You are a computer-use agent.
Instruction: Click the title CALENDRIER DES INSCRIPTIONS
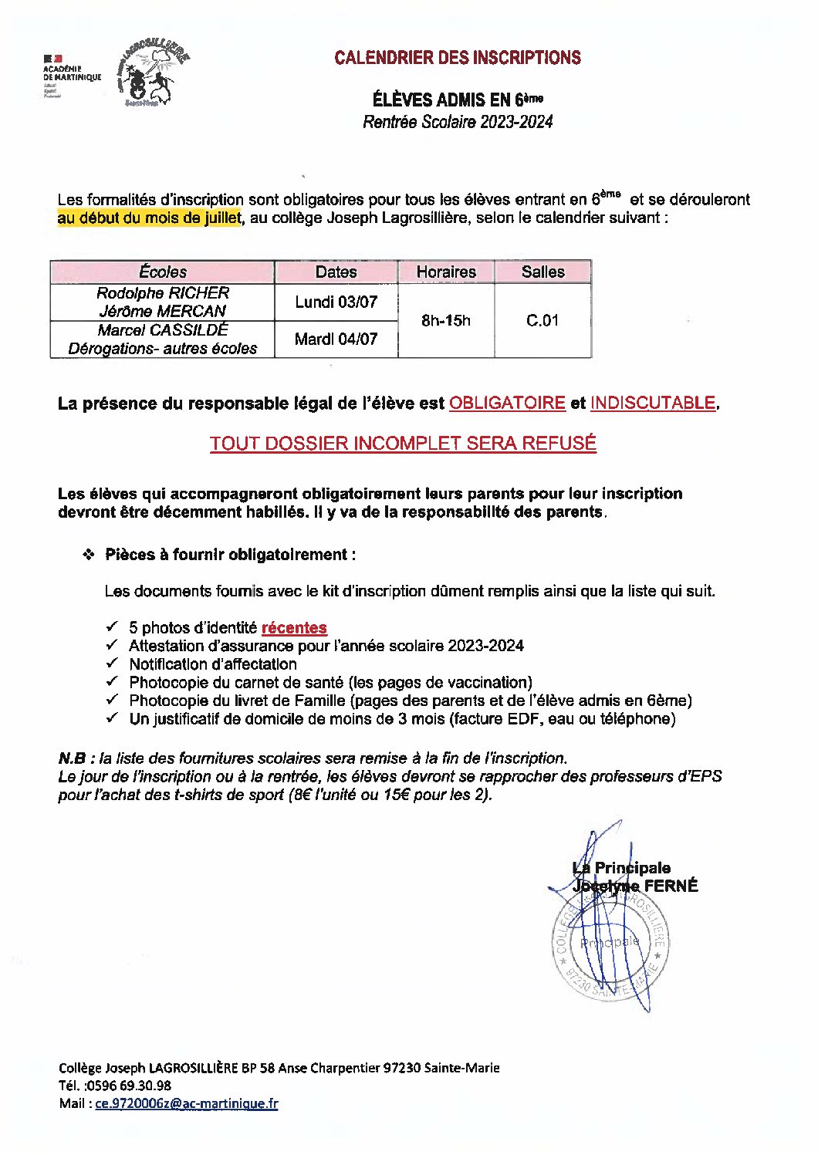click(457, 58)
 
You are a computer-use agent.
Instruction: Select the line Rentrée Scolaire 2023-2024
click(458, 121)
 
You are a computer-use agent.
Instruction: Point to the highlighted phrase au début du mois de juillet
click(149, 218)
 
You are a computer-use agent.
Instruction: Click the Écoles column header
click(163, 272)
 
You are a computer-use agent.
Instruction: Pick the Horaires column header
click(446, 272)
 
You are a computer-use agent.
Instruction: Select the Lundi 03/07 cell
click(336, 302)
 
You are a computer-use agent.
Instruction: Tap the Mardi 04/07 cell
click(336, 339)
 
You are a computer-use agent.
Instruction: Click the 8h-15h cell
click(446, 320)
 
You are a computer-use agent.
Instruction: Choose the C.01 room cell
click(543, 320)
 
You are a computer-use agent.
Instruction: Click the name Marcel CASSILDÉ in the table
click(163, 329)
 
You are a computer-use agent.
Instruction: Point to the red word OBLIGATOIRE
click(507, 403)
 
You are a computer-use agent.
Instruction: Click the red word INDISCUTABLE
click(653, 403)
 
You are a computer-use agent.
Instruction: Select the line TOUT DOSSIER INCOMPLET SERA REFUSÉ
click(403, 444)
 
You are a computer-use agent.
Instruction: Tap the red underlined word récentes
click(294, 628)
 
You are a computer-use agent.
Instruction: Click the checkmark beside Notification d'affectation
click(113, 663)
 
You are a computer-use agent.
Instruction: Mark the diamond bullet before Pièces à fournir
click(89, 554)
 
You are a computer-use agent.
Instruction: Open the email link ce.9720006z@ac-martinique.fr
click(186, 1103)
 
